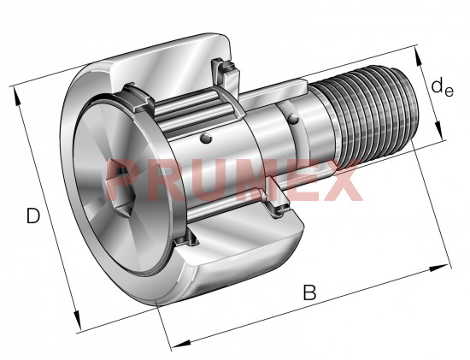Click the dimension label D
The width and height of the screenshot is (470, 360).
[33, 215]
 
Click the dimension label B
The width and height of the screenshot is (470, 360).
[309, 292]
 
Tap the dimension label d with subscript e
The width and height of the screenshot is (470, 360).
[442, 87]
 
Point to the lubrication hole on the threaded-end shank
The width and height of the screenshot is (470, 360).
[293, 119]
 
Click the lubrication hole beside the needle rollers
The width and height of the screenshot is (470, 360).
[206, 138]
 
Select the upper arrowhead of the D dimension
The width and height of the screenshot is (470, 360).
[17, 97]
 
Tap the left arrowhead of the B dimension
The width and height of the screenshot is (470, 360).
[182, 344]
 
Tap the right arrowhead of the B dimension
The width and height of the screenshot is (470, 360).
[438, 268]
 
